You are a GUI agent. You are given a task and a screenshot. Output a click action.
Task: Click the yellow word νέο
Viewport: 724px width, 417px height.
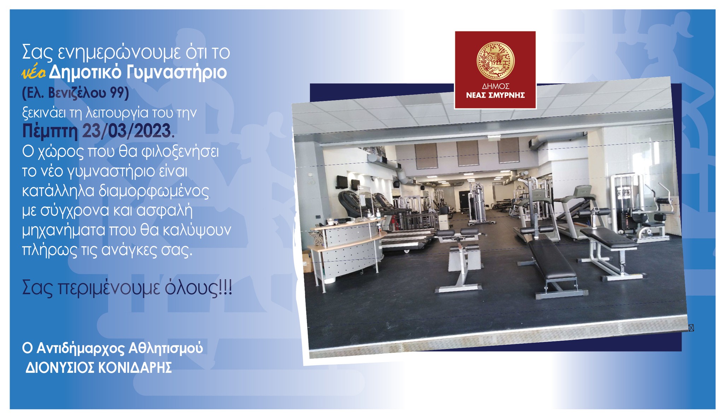34,73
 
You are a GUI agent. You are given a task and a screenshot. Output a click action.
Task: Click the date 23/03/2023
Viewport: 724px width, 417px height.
127,131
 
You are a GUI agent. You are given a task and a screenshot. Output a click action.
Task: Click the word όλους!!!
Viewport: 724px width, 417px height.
199,288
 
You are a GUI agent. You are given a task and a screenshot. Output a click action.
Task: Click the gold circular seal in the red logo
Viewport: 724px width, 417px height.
495,61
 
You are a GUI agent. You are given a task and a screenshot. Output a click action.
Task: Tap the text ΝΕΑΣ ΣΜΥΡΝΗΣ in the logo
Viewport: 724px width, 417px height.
495,95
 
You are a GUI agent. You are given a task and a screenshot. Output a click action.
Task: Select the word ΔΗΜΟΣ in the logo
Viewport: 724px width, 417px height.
495,87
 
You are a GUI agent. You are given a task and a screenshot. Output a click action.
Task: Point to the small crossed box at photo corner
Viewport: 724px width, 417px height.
691,328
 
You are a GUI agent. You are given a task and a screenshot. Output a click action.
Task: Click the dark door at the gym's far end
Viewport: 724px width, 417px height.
463,201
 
